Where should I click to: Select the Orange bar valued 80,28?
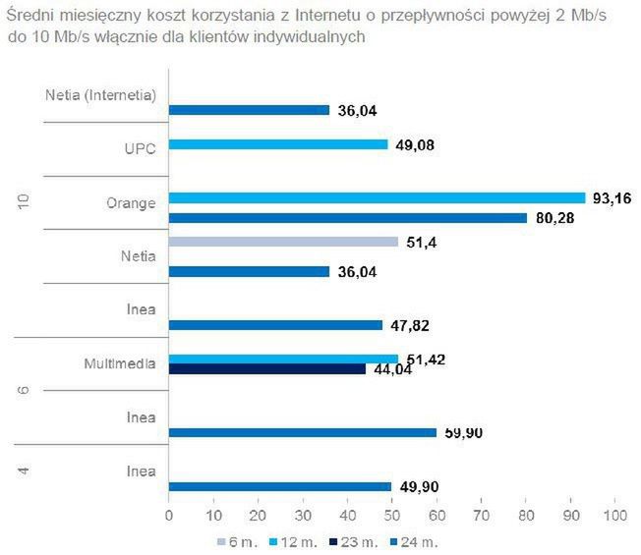(348, 217)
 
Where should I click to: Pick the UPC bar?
(278, 144)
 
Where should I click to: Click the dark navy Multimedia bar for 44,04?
(267, 369)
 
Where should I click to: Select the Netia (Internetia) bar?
(249, 110)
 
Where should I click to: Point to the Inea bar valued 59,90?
(303, 432)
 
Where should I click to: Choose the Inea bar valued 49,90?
(280, 486)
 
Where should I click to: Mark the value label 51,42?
(428, 360)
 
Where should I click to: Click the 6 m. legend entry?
(233, 541)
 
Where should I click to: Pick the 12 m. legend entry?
(290, 541)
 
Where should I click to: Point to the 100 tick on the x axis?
(616, 513)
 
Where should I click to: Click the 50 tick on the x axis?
(392, 513)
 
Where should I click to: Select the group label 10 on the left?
(23, 202)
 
